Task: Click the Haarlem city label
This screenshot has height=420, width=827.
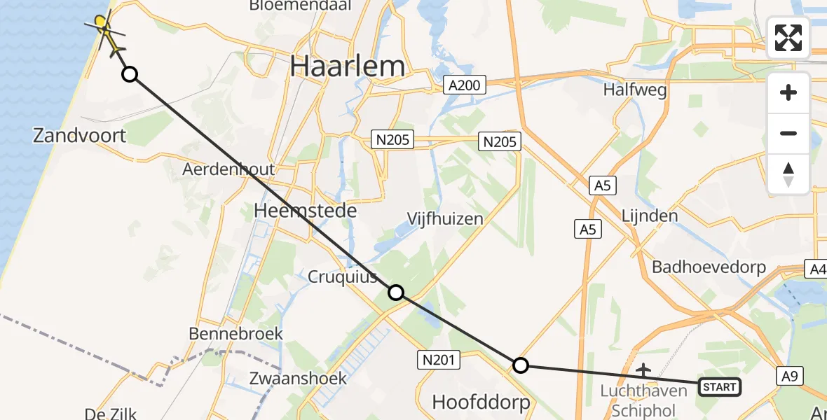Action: click(347, 66)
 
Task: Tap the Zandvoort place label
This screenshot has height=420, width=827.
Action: click(79, 135)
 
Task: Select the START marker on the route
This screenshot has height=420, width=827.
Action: click(719, 387)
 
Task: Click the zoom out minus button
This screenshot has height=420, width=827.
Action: click(788, 133)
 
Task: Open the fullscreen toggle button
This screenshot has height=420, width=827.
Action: click(788, 38)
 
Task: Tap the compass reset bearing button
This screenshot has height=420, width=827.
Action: click(788, 174)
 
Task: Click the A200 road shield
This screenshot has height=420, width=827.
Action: click(463, 85)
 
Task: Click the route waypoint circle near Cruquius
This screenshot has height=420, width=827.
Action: click(396, 293)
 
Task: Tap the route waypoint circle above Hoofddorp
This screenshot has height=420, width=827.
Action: click(520, 365)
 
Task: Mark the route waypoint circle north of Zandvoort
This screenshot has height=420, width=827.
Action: click(130, 74)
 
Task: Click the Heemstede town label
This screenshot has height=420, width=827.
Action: click(306, 211)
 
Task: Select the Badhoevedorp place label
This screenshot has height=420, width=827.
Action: click(709, 267)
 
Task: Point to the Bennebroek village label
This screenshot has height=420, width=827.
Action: click(235, 333)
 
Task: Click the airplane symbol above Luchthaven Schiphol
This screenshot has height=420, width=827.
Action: click(643, 369)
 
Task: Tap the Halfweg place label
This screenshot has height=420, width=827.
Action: click(634, 90)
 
